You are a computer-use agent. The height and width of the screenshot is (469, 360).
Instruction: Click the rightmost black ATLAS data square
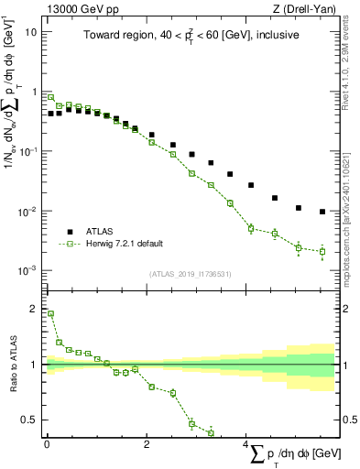click(x=322, y=212)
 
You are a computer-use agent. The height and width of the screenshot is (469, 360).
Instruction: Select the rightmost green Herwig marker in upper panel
click(x=322, y=251)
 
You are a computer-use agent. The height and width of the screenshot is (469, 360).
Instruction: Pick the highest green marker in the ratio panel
click(x=50, y=313)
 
